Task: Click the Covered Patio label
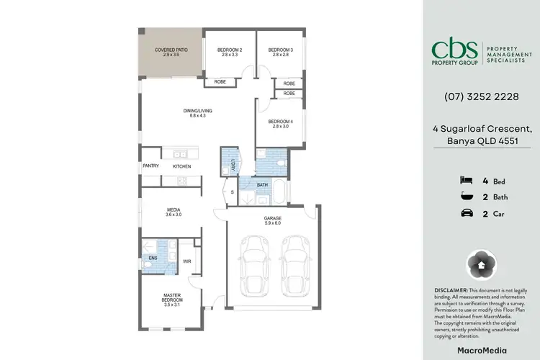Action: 171,52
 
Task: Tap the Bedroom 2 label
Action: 229,51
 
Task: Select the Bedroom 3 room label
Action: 280,51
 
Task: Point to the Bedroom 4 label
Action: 280,123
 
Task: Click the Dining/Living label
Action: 197,112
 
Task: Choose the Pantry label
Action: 150,166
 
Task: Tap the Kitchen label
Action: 181,166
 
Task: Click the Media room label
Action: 174,212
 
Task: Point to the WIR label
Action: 187,261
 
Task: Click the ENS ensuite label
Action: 153,257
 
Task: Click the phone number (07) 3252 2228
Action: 480,96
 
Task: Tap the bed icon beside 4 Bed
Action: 466,181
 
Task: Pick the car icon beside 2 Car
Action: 466,212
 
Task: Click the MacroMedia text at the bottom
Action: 480,350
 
